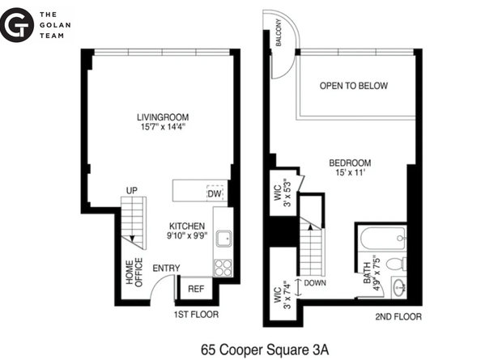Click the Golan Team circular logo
pyautogui.click(x=17, y=25)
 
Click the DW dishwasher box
pyautogui.click(x=214, y=193)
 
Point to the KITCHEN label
pyautogui.click(x=187, y=226)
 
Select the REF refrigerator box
pyautogui.click(x=195, y=289)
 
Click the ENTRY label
pyautogui.click(x=165, y=269)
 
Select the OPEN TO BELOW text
pyautogui.click(x=353, y=86)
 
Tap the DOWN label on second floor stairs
pyautogui.click(x=314, y=283)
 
